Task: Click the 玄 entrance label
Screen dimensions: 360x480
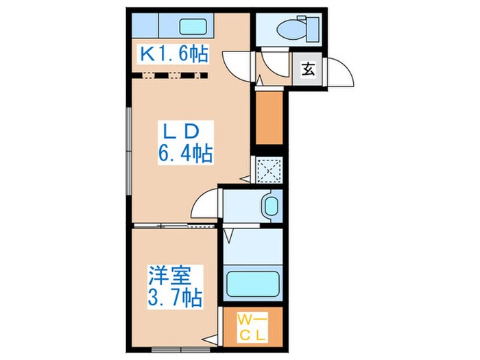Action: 309,69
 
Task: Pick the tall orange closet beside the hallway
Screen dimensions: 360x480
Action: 269,117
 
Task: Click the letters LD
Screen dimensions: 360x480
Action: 180,130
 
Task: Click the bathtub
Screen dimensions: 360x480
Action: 253,282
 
